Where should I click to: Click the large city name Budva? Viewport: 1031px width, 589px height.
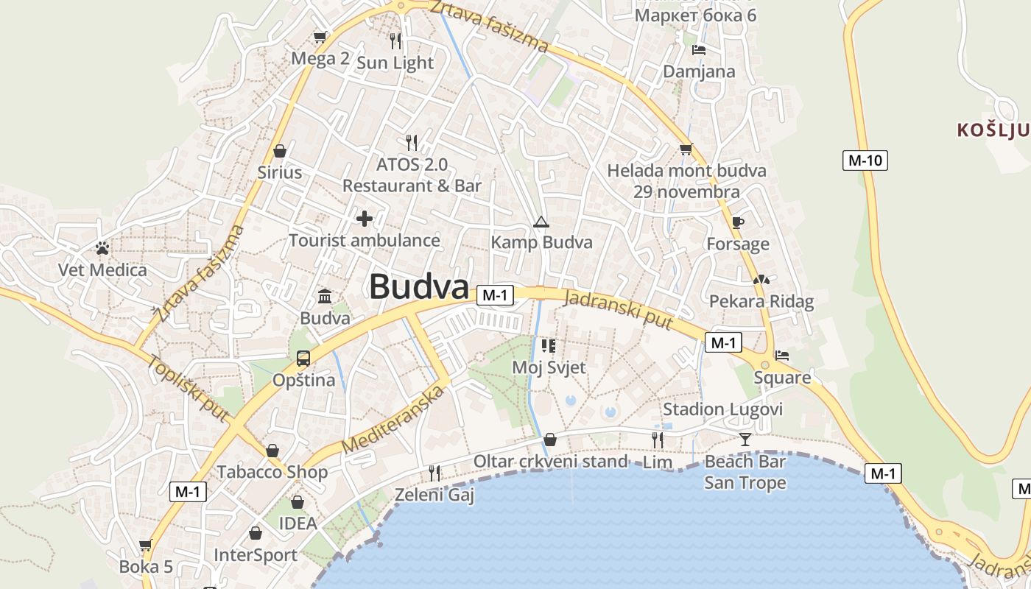pyautogui.click(x=419, y=286)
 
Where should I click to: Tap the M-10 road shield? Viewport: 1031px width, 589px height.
pyautogui.click(x=865, y=160)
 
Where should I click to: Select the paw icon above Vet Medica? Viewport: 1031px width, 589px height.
pyautogui.click(x=102, y=248)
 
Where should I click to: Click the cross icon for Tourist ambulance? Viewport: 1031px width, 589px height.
pyautogui.click(x=365, y=219)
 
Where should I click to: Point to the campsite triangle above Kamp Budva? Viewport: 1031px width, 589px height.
pyautogui.click(x=541, y=222)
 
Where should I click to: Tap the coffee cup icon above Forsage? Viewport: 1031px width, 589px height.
pyautogui.click(x=738, y=222)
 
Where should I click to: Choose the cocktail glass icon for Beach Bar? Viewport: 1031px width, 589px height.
pyautogui.click(x=745, y=440)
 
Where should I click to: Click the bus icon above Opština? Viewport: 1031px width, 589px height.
pyautogui.click(x=303, y=359)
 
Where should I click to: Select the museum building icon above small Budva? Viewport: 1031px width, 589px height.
pyautogui.click(x=325, y=297)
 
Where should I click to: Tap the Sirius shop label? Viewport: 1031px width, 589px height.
pyautogui.click(x=280, y=172)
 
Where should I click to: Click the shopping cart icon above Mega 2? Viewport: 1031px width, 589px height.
pyautogui.click(x=320, y=37)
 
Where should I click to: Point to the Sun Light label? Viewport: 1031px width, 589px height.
pyautogui.click(x=395, y=63)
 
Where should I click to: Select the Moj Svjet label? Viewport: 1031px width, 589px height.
pyautogui.click(x=549, y=367)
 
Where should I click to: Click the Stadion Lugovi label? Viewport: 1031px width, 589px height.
pyautogui.click(x=722, y=409)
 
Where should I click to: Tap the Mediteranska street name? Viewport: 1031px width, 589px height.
pyautogui.click(x=394, y=420)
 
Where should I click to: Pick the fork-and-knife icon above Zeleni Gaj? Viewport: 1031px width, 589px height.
pyautogui.click(x=434, y=473)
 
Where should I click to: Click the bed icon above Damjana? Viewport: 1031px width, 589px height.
pyautogui.click(x=699, y=50)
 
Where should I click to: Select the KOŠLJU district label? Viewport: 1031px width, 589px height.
pyautogui.click(x=993, y=131)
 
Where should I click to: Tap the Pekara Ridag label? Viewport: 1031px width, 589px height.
pyautogui.click(x=761, y=301)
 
